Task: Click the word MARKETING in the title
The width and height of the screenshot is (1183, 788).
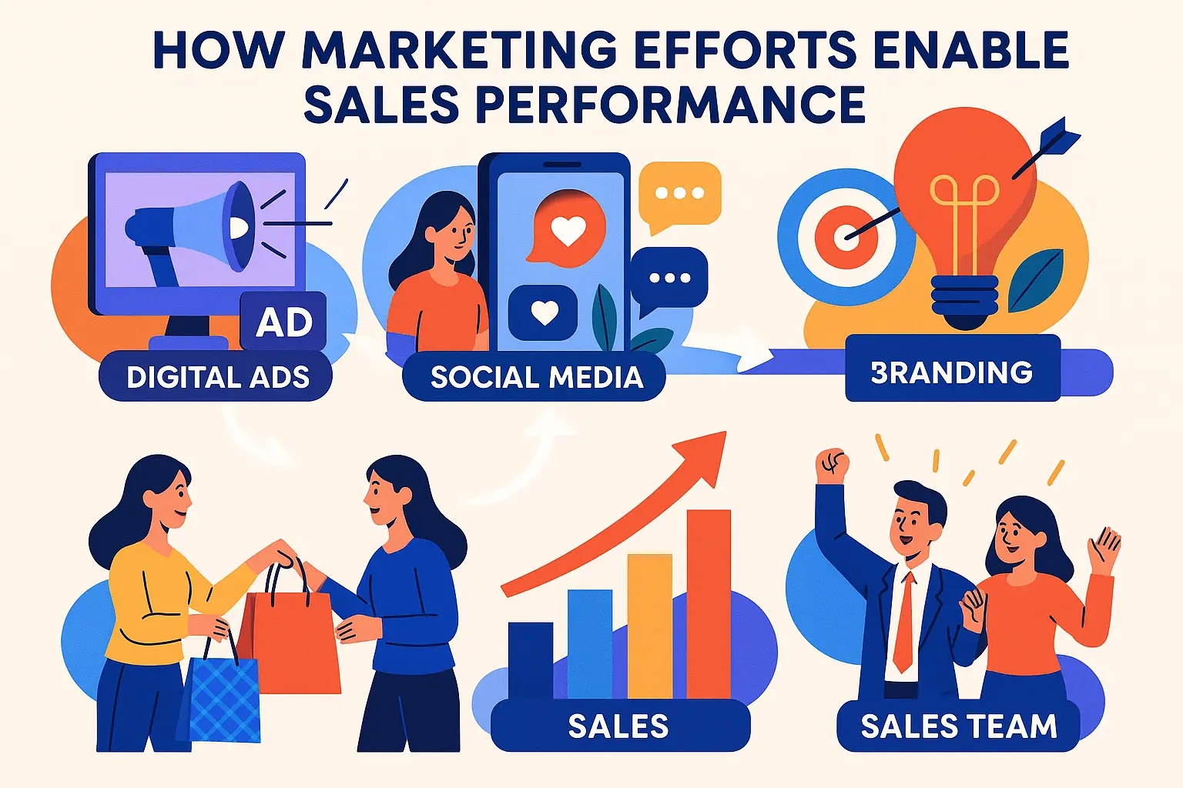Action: coord(459,50)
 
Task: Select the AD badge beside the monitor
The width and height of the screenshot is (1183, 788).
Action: coord(284,322)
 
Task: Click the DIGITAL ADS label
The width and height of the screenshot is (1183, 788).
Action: coord(217,377)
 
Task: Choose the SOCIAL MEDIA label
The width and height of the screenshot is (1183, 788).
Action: coord(536,377)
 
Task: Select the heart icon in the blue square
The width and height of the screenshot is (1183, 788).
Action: coord(544,312)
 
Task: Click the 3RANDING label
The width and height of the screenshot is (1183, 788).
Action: coord(952,372)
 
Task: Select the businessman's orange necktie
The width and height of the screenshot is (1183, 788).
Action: coord(905,623)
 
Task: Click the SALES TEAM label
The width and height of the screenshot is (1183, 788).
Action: coord(958,726)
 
